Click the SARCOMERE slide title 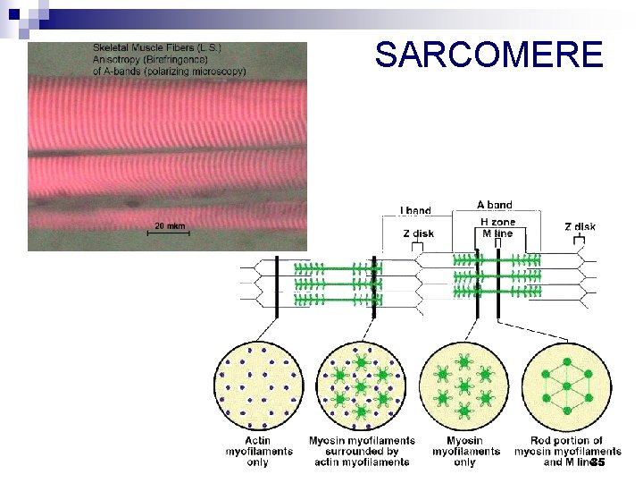pos(489,55)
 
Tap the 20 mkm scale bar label pos(171,225)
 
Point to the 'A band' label pos(494,205)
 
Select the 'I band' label pos(415,211)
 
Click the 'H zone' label pos(497,222)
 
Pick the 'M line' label pos(497,233)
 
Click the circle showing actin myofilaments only pos(257,386)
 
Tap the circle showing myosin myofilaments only pos(463,386)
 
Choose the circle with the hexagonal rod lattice pos(566,386)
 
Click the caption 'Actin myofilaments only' pos(257,451)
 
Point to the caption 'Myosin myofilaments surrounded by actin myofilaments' pos(361,451)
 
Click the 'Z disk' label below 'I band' pos(418,233)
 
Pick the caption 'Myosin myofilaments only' pos(463,451)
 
